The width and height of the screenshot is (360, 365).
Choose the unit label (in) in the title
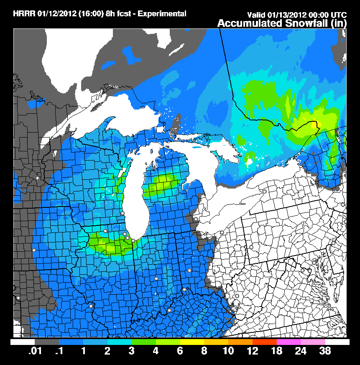click(338, 23)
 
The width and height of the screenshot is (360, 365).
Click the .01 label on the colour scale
click(34, 351)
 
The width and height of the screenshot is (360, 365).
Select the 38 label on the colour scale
click(325, 351)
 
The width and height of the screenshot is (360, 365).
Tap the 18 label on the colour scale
click(276, 351)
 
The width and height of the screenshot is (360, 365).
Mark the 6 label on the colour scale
click(180, 351)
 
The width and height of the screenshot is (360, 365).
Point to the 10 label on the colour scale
click(228, 351)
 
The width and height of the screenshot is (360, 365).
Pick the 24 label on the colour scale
click(301, 351)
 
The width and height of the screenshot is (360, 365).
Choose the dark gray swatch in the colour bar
click(46, 342)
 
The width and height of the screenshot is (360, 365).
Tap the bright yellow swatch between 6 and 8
click(192, 342)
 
